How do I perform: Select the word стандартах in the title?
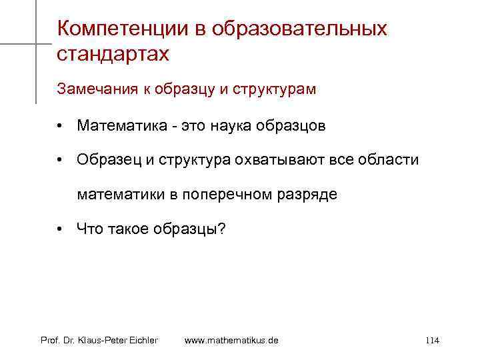[x=113, y=54]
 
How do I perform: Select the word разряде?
[x=314, y=195]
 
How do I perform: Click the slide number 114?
[x=431, y=341]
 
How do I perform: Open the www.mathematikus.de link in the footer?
[x=231, y=341]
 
